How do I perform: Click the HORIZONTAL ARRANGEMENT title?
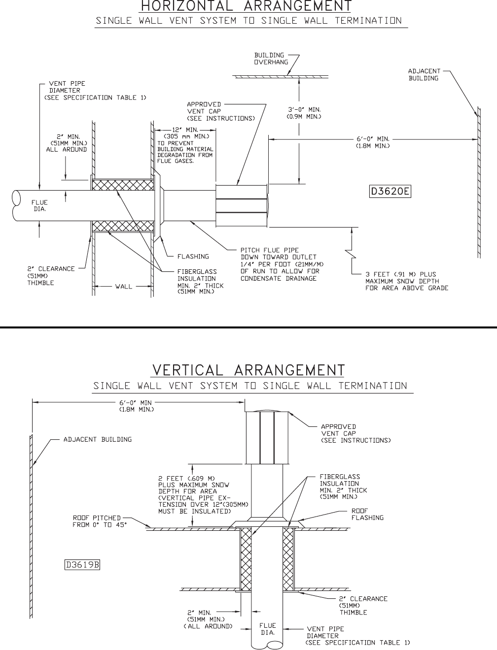pyautogui.click(x=246, y=6)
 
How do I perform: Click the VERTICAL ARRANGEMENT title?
pyautogui.click(x=248, y=370)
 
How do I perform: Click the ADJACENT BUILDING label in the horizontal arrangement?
pyautogui.click(x=424, y=75)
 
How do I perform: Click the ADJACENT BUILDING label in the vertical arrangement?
pyautogui.click(x=98, y=439)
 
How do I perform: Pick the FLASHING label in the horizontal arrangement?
pyautogui.click(x=193, y=257)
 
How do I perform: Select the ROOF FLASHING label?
pyautogui.click(x=367, y=514)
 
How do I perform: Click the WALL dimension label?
pyautogui.click(x=124, y=286)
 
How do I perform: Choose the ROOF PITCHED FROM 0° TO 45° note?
pyautogui.click(x=100, y=521)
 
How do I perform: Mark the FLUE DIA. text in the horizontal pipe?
pyautogui.click(x=39, y=205)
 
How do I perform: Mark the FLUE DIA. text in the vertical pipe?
pyautogui.click(x=268, y=629)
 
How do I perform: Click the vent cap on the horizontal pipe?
pyautogui.click(x=242, y=206)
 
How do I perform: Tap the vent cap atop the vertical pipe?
pyautogui.click(x=267, y=437)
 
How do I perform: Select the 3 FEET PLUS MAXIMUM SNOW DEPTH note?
pyautogui.click(x=407, y=281)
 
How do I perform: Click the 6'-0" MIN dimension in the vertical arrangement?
pyautogui.click(x=137, y=405)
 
